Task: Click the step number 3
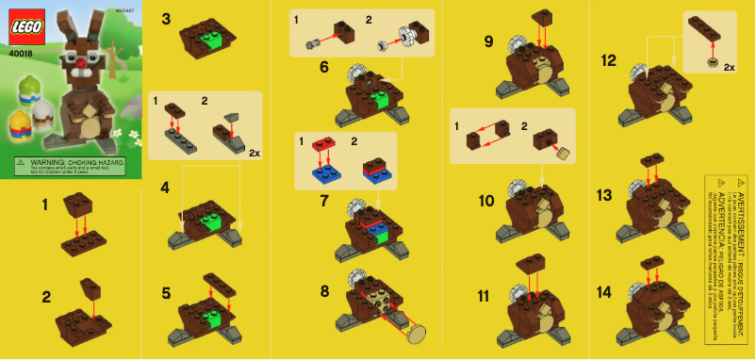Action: click(166, 19)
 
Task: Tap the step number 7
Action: click(324, 201)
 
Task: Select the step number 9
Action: click(487, 42)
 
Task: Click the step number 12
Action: click(608, 61)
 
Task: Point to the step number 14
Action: click(605, 292)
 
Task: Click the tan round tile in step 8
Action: click(416, 332)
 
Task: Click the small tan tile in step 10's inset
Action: click(565, 152)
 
